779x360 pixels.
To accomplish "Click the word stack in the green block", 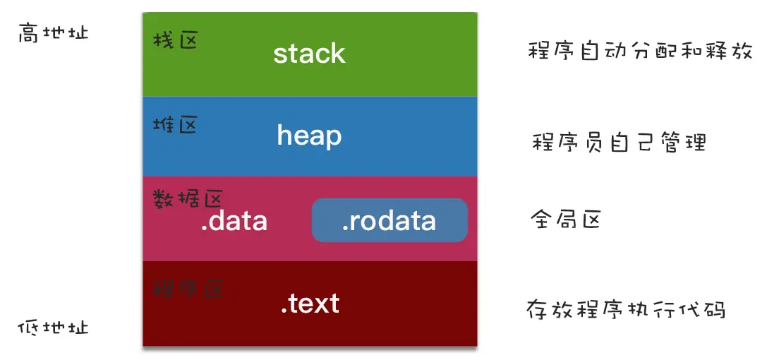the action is pyautogui.click(x=309, y=54).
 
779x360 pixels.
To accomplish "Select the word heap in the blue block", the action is pyautogui.click(x=309, y=135).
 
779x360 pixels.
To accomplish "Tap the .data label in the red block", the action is pyautogui.click(x=234, y=221).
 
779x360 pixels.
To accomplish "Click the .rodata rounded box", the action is pyautogui.click(x=389, y=220).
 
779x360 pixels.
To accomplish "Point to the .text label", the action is pyautogui.click(x=310, y=303).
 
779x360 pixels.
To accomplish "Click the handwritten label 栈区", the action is pyautogui.click(x=176, y=40).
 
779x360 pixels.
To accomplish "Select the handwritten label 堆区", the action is pyautogui.click(x=175, y=126).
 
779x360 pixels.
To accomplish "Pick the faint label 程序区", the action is pyautogui.click(x=188, y=288).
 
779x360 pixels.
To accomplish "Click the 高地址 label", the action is pyautogui.click(x=54, y=33).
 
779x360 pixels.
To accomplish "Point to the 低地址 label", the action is pyautogui.click(x=53, y=328).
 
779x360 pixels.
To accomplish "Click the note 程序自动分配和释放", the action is pyautogui.click(x=640, y=51).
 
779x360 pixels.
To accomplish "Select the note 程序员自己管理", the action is pyautogui.click(x=619, y=143).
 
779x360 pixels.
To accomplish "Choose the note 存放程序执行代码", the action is pyautogui.click(x=625, y=310).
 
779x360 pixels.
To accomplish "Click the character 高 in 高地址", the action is pyautogui.click(x=29, y=33).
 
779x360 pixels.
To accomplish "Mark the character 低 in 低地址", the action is pyautogui.click(x=28, y=328).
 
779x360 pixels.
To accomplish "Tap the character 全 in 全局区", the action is pyautogui.click(x=541, y=220).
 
